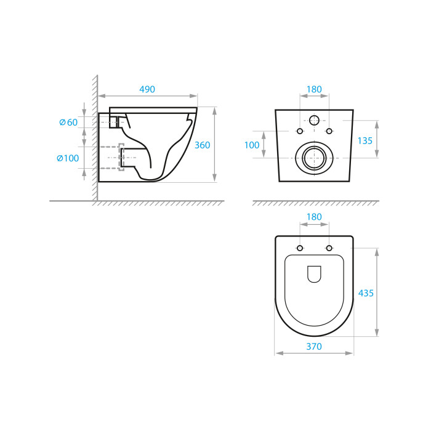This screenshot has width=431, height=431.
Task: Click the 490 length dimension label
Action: click(147, 89)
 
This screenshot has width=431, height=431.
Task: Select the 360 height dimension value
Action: click(203, 145)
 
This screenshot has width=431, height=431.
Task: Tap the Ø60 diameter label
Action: click(68, 123)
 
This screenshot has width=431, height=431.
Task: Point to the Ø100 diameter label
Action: click(68, 158)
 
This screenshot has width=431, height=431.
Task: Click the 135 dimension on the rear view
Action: click(365, 141)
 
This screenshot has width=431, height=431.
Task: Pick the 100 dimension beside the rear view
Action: click(252, 145)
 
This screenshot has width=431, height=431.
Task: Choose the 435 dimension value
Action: click(366, 293)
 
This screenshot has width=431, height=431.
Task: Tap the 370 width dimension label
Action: click(314, 347)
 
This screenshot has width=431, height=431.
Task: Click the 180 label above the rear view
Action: click(314, 89)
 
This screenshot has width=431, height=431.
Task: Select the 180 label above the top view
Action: click(314, 217)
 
